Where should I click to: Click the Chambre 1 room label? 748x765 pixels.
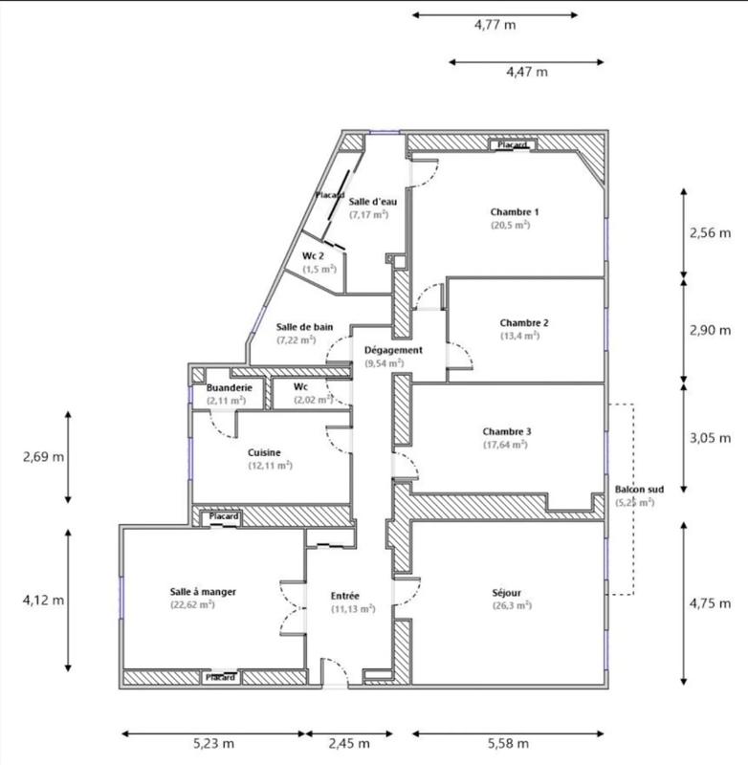click(x=516, y=211)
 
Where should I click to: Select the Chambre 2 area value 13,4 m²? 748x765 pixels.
click(x=519, y=336)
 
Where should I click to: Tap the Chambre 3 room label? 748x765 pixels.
click(x=507, y=431)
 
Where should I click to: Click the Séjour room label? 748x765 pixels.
click(x=513, y=592)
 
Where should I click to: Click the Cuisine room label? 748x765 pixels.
click(x=264, y=452)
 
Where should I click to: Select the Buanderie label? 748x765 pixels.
click(x=230, y=387)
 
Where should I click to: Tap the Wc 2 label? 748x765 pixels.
click(x=314, y=256)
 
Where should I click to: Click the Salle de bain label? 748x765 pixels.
click(x=304, y=327)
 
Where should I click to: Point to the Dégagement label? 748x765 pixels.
click(x=393, y=350)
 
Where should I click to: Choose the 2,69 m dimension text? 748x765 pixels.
click(x=44, y=456)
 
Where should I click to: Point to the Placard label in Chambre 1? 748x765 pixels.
click(x=512, y=145)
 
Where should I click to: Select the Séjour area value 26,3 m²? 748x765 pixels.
click(x=513, y=605)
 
